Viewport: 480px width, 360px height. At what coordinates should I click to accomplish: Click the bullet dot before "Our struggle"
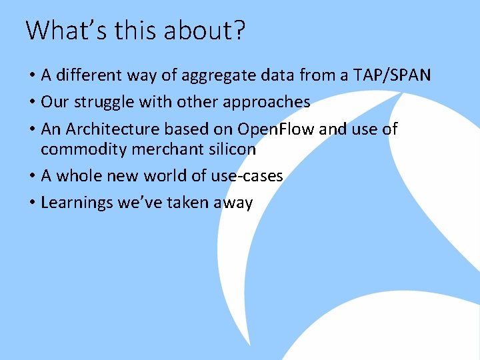(31, 103)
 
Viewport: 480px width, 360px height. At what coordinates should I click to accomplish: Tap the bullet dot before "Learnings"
(31, 203)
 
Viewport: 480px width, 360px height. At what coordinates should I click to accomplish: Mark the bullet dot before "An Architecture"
(31, 129)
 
